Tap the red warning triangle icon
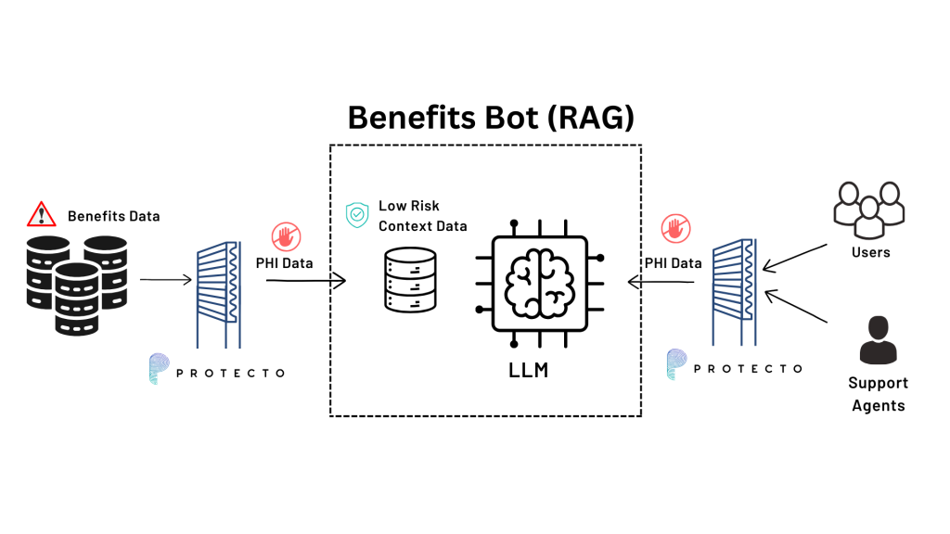pyautogui.click(x=41, y=215)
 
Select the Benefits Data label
pyautogui.click(x=113, y=216)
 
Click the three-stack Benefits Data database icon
pyautogui.click(x=73, y=283)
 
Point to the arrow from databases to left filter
pyautogui.click(x=166, y=278)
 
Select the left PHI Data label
pyautogui.click(x=284, y=263)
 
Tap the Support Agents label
pyautogui.click(x=879, y=394)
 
